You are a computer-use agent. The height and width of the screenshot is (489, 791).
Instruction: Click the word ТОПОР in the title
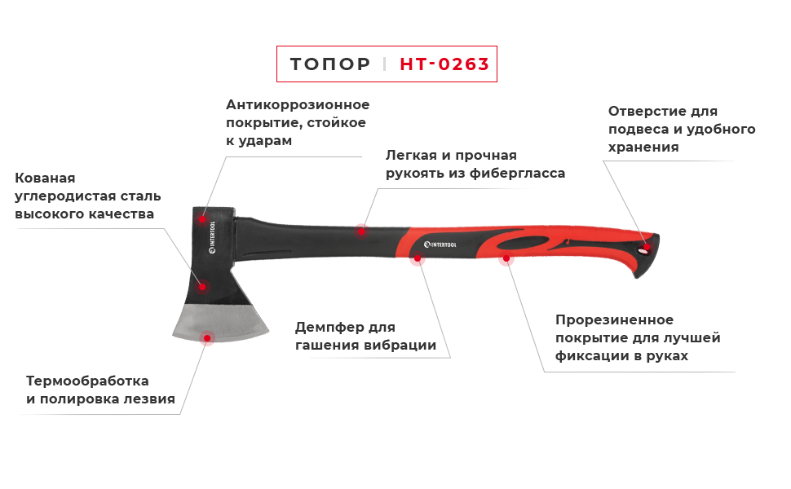[x=330, y=64]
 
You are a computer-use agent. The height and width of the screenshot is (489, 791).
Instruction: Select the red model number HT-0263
[x=444, y=64]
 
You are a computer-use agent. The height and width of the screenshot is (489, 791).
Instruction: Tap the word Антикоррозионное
[x=298, y=105]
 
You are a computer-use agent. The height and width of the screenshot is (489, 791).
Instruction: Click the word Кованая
[x=45, y=178]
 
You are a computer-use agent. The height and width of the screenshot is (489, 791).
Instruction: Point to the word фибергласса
[x=517, y=174]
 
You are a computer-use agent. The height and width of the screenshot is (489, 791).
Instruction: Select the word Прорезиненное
[x=614, y=320]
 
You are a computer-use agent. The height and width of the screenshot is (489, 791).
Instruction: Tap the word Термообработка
[x=87, y=381]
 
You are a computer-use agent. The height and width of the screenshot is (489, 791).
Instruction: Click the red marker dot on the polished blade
[x=207, y=337]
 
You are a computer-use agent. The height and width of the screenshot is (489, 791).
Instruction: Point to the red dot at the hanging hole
[x=646, y=248]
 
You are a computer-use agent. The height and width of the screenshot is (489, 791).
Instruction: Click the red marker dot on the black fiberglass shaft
[x=360, y=231]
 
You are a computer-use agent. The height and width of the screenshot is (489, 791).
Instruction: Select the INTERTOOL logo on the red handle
[x=440, y=244]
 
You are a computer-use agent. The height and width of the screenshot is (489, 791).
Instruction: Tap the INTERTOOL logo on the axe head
[x=212, y=237]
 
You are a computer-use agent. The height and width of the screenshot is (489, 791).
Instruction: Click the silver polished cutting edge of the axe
[x=221, y=323]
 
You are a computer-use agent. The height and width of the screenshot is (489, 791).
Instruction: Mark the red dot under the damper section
[x=418, y=258]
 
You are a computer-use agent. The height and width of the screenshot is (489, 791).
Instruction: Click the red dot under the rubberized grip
[x=506, y=258]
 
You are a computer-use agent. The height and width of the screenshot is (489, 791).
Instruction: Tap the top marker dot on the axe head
[x=202, y=218]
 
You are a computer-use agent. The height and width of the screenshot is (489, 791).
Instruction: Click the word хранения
[x=643, y=148]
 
